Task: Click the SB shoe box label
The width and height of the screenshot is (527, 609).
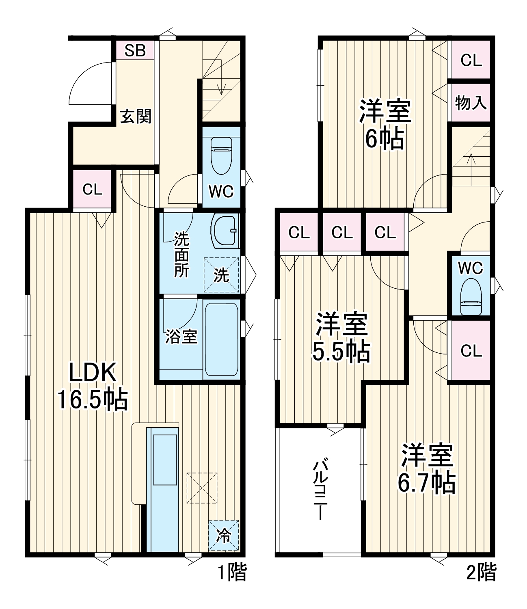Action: coord(135,50)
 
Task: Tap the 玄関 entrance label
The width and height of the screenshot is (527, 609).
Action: coord(136,117)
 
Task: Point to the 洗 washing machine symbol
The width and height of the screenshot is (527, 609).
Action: coord(221,275)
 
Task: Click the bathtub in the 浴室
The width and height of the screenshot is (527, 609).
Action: coord(221,340)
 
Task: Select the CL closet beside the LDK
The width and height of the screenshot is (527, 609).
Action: coord(92,190)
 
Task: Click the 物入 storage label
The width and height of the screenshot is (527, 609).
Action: coord(471,103)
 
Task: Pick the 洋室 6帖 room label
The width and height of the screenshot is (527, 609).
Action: coord(385,125)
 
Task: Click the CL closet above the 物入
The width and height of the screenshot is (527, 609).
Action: coord(471,60)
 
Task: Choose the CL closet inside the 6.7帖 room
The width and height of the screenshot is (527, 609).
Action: coord(471,350)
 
